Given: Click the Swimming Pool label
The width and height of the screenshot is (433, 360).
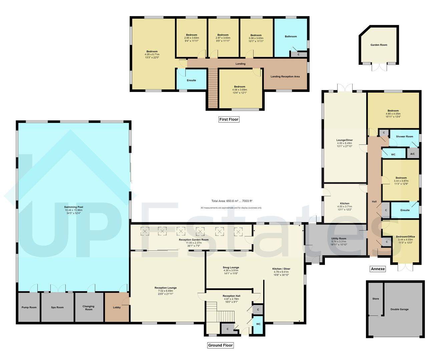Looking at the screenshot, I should pyautogui.click(x=73, y=207).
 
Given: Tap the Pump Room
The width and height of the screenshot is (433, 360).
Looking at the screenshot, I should pyautogui.click(x=29, y=307).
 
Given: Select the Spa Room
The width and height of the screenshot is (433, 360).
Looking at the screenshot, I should pyautogui.click(x=57, y=307).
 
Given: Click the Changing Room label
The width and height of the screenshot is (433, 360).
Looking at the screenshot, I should pyautogui.click(x=88, y=308).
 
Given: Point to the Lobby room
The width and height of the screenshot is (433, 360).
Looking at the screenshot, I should pyautogui.click(x=117, y=307).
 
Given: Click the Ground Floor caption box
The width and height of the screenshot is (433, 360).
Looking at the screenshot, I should pyautogui.click(x=220, y=345).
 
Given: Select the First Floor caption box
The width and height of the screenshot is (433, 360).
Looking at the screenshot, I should pyautogui.click(x=229, y=119).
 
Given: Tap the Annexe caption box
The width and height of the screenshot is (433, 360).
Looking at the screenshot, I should pyautogui.click(x=378, y=269).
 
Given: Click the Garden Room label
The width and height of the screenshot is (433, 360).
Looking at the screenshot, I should pyautogui.click(x=379, y=45).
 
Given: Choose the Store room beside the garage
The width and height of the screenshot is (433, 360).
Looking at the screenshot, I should pyautogui.click(x=375, y=299).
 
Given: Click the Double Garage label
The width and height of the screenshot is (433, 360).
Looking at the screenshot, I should pyautogui.click(x=399, y=309).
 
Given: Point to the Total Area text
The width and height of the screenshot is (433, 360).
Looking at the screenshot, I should pyautogui.click(x=232, y=201).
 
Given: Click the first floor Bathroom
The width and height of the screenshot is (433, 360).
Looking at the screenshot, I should pyautogui.click(x=291, y=37).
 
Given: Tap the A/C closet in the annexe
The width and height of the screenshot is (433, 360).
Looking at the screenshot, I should pyautogui.click(x=412, y=154).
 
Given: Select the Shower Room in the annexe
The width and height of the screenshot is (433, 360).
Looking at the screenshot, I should pyautogui.click(x=405, y=136).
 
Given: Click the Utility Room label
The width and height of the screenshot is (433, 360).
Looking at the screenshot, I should pyautogui.click(x=339, y=239).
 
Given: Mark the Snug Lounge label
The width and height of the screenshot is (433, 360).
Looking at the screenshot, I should pyautogui.click(x=231, y=267).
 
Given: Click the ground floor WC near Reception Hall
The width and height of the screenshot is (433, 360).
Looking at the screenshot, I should pyautogui.click(x=258, y=324).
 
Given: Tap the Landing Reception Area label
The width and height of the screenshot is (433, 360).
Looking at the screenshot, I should pyautogui.click(x=285, y=77).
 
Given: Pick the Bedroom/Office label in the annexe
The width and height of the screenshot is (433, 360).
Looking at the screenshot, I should pyautogui.click(x=405, y=237).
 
